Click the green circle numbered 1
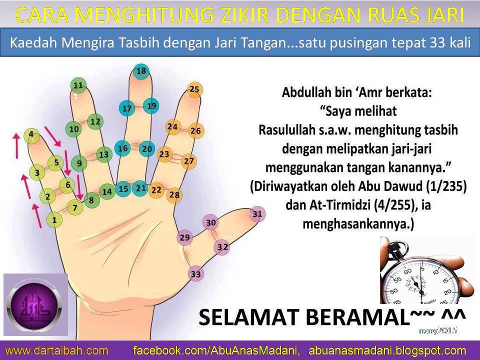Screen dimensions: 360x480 [54, 219]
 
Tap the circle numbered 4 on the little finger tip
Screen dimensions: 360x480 [31, 134]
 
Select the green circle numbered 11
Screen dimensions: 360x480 [78, 85]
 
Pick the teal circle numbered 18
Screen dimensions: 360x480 [141, 71]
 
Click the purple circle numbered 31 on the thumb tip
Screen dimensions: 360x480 [257, 214]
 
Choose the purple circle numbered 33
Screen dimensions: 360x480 [196, 274]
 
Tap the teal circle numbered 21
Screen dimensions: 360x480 [141, 188]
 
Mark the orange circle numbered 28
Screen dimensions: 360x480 [174, 194]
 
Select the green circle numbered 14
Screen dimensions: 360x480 [107, 191]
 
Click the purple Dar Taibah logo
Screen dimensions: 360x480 [35, 305]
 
